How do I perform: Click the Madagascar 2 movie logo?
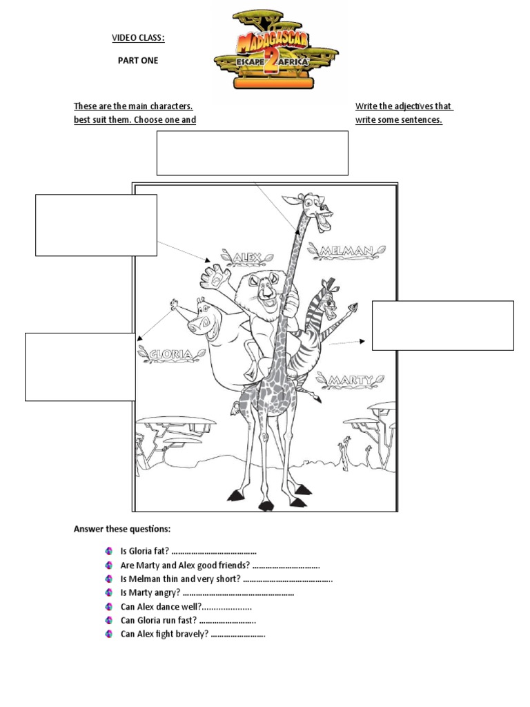click(x=275, y=49)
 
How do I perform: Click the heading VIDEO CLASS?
click(x=139, y=37)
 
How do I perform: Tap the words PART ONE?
click(x=138, y=61)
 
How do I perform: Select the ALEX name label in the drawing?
click(x=246, y=258)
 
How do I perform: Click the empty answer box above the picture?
click(x=253, y=153)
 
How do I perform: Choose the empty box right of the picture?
click(x=442, y=325)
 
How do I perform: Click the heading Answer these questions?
click(x=122, y=529)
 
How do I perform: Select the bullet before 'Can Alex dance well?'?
click(x=109, y=607)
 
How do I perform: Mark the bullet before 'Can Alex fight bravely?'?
click(x=109, y=635)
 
